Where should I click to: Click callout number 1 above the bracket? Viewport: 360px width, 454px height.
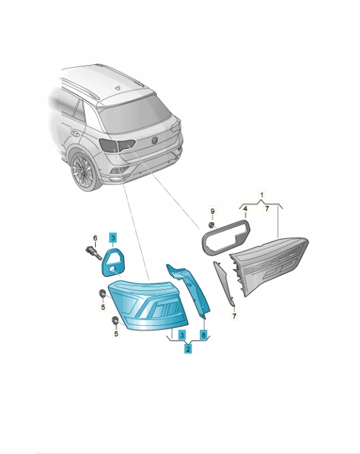point(262,195)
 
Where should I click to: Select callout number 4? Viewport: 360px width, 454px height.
point(245,209)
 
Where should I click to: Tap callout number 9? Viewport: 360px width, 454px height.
point(213,211)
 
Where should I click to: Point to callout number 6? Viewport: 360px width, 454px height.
point(95,238)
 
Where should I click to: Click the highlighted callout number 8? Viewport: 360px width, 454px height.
point(204,335)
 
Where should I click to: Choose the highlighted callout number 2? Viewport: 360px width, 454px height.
point(188,349)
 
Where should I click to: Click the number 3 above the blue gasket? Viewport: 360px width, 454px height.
point(113,238)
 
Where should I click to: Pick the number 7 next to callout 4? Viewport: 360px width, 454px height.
point(267,209)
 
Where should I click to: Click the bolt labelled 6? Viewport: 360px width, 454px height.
point(93,252)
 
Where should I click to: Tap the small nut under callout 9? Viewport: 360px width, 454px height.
point(213,225)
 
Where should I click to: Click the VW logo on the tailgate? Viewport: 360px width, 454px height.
point(155,140)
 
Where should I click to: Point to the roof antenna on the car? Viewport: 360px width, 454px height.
point(118,88)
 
